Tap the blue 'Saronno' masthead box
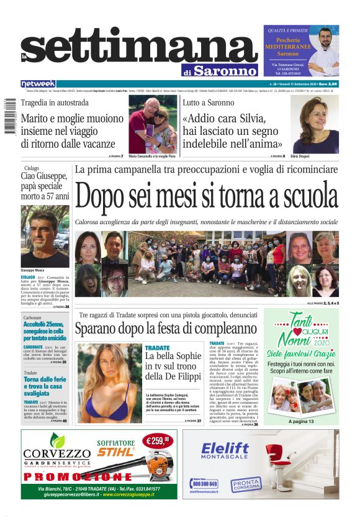(224, 70)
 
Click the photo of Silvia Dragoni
(315, 124)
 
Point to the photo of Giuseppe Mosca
(45, 236)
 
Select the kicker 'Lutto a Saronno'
(208, 102)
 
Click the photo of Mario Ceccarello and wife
(153, 124)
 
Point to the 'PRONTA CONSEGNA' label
(246, 485)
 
